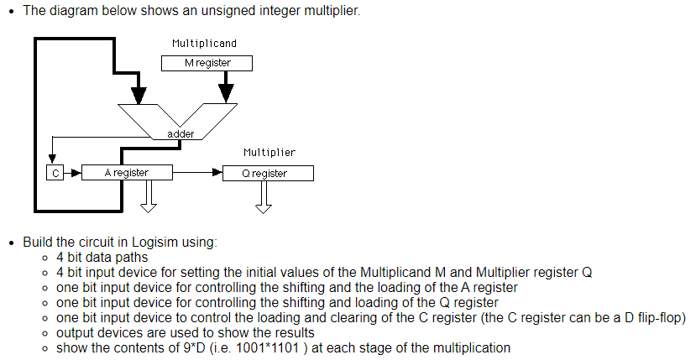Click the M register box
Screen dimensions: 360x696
point(207,63)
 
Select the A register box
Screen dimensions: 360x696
point(127,173)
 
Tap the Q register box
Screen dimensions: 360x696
point(269,174)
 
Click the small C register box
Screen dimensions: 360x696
point(53,173)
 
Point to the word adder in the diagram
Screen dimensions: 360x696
point(181,134)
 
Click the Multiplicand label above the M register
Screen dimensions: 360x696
point(204,43)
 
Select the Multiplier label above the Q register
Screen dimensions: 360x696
point(269,153)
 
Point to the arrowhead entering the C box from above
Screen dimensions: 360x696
point(53,160)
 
